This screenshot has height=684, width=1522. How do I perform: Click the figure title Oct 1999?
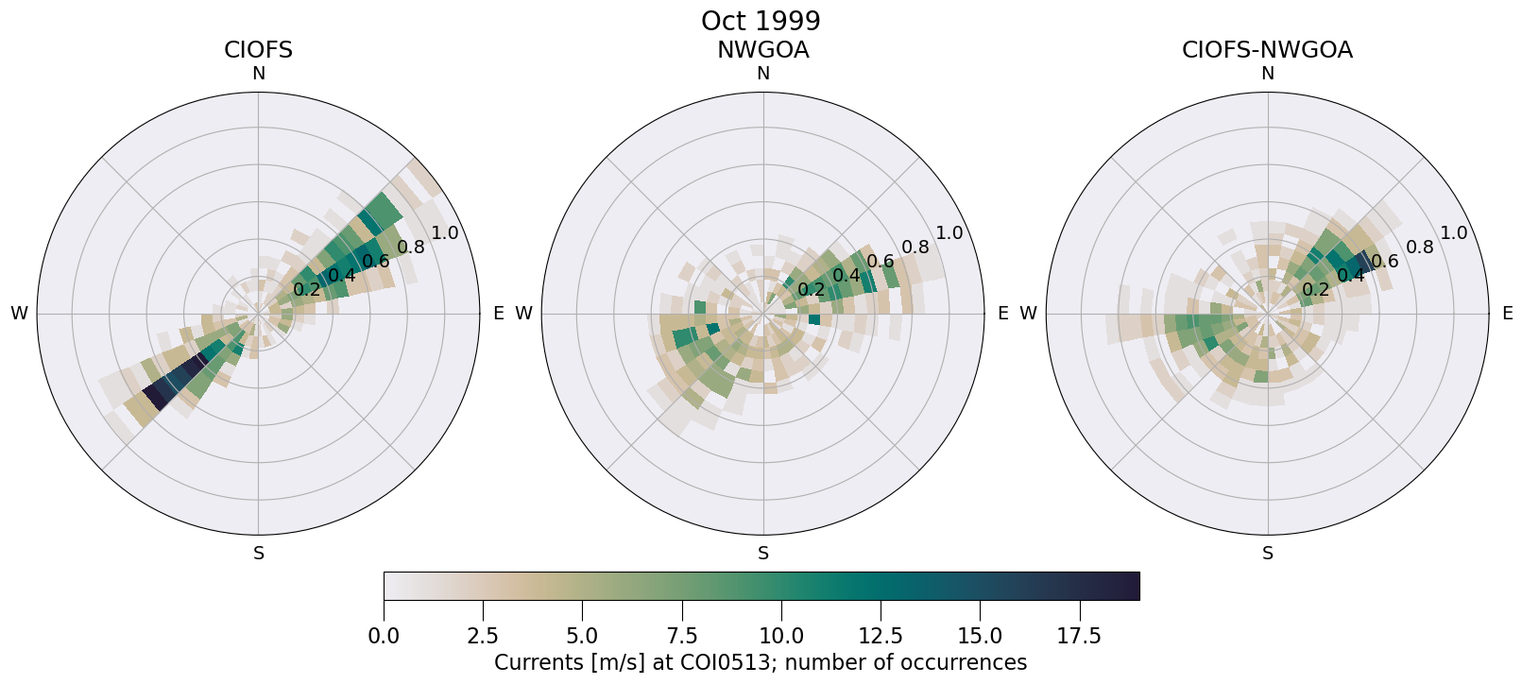[761, 21]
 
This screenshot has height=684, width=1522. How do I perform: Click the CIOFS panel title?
[258, 50]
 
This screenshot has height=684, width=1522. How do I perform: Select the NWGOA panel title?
[762, 50]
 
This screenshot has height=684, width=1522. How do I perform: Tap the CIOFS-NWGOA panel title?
[1267, 50]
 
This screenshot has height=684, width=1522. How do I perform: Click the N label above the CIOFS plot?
[258, 74]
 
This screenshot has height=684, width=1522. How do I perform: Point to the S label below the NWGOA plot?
[763, 554]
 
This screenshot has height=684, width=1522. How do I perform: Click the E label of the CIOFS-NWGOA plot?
[1508, 314]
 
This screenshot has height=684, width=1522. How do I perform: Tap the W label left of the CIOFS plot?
[19, 314]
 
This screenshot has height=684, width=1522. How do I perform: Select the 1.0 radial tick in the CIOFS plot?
[444, 233]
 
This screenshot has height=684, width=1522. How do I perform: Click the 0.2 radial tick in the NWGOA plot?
[811, 289]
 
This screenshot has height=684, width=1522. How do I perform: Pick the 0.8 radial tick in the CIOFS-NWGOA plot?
[1420, 248]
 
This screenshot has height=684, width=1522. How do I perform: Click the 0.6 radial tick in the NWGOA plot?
[881, 262]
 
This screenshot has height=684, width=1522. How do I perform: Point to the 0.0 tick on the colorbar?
[384, 637]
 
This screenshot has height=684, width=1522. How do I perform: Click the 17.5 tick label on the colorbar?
[1079, 637]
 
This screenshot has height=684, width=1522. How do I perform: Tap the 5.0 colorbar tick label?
[582, 637]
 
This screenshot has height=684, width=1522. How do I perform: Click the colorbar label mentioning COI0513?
[761, 662]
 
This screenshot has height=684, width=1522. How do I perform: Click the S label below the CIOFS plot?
[258, 554]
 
